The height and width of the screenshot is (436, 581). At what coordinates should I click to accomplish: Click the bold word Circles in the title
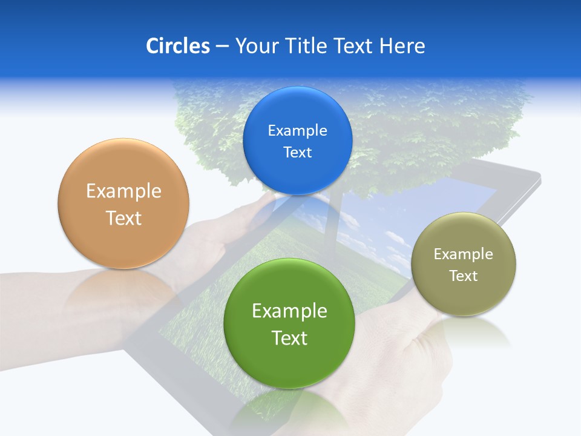(x=177, y=46)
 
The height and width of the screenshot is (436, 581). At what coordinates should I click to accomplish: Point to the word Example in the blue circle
(x=298, y=131)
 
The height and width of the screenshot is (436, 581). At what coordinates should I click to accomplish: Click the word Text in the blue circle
(x=298, y=153)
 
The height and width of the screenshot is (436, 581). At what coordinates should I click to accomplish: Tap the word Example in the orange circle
(x=123, y=191)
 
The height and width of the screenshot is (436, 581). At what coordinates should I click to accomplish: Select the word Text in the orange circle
(x=123, y=218)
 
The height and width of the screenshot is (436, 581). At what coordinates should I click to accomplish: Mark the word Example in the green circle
(x=289, y=311)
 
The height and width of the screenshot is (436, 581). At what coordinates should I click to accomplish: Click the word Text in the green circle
(x=289, y=338)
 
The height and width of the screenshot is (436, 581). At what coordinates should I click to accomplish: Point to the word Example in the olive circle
(x=464, y=254)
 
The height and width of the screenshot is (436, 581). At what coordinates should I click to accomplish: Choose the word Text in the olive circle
(x=464, y=276)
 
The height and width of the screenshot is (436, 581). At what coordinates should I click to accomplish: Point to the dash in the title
(x=222, y=47)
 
